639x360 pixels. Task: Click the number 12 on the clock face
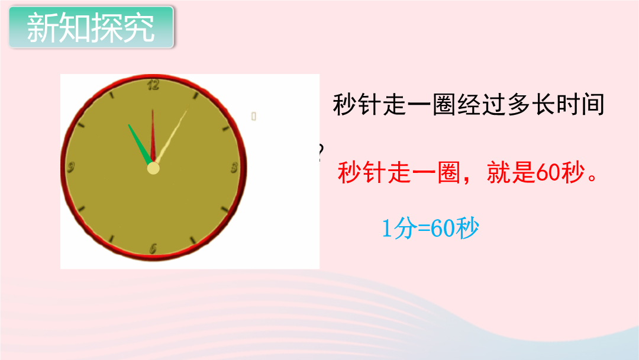pyautogui.click(x=153, y=85)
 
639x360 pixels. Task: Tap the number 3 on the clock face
pyautogui.click(x=234, y=168)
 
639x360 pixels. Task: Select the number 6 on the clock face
pyautogui.click(x=153, y=248)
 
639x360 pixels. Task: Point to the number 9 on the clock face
pyautogui.click(x=71, y=167)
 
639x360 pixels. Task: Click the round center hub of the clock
pyautogui.click(x=153, y=168)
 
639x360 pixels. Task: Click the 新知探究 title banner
pyautogui.click(x=92, y=27)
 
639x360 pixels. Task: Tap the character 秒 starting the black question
pyautogui.click(x=345, y=104)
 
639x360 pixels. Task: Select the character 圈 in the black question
pyautogui.click(x=444, y=104)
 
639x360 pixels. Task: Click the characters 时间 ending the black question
pyautogui.click(x=580, y=104)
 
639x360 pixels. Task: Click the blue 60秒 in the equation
pyautogui.click(x=454, y=228)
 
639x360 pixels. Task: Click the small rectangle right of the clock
pyautogui.click(x=253, y=116)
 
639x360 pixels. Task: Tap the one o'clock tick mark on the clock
pyautogui.click(x=196, y=96)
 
